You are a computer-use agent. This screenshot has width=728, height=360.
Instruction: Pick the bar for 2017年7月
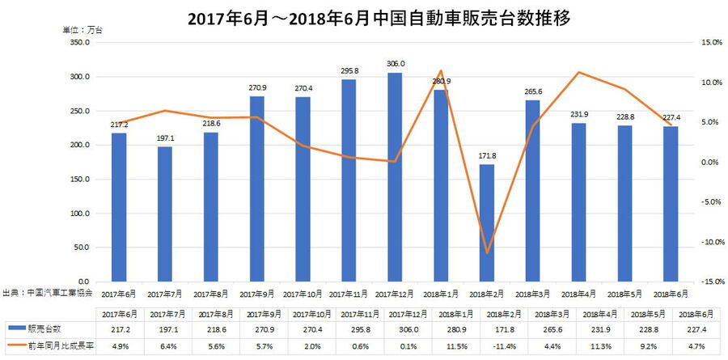click(x=165, y=214)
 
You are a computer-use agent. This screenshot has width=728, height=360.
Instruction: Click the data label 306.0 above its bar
click(x=395, y=64)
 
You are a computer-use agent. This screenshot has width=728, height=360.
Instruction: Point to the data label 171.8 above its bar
click(x=487, y=156)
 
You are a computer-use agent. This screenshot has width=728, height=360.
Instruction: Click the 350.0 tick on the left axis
click(x=78, y=42)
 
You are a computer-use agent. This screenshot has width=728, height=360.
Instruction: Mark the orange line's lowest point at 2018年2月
click(x=487, y=253)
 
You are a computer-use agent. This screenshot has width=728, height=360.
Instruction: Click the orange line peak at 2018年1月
click(x=441, y=71)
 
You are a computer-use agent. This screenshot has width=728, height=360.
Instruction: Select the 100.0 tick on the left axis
click(x=78, y=214)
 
